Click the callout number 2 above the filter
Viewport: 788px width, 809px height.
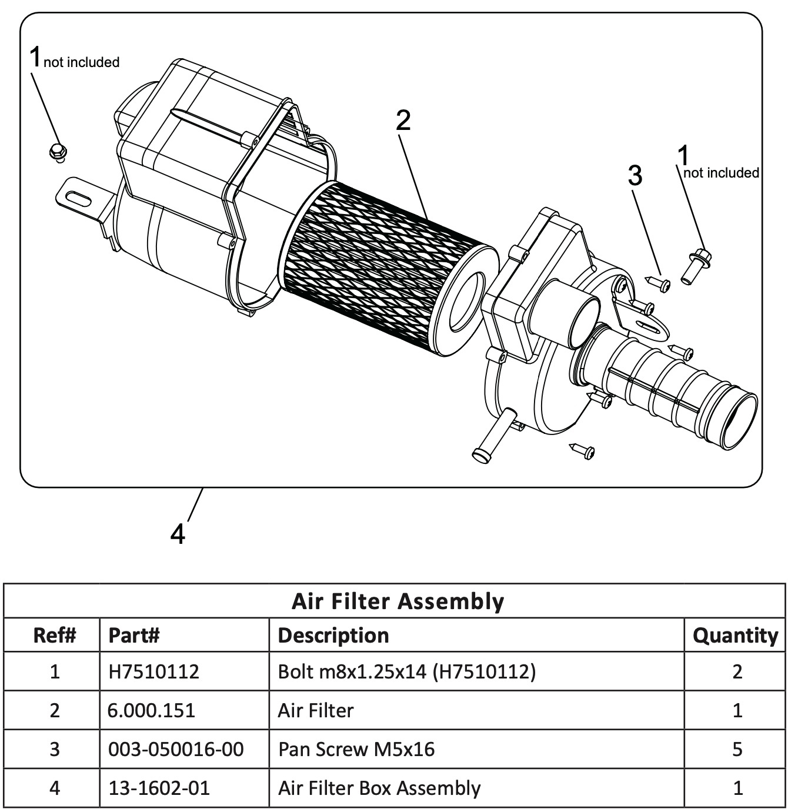tap(403, 121)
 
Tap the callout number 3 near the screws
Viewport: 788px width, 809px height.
tap(635, 175)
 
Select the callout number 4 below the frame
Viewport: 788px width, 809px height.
tap(178, 534)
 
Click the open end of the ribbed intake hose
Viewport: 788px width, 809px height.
tap(739, 420)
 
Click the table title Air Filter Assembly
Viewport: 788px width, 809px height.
tap(398, 601)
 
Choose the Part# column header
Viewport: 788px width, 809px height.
tap(134, 635)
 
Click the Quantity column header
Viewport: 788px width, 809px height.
tap(735, 635)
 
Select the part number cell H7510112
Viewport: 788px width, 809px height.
tap(153, 671)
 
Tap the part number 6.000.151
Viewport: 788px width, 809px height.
tap(151, 710)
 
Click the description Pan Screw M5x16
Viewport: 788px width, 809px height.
tap(356, 749)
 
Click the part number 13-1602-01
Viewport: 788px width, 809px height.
tap(159, 788)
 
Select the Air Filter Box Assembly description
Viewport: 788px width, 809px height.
tap(379, 788)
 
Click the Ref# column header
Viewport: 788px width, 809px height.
tap(54, 635)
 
